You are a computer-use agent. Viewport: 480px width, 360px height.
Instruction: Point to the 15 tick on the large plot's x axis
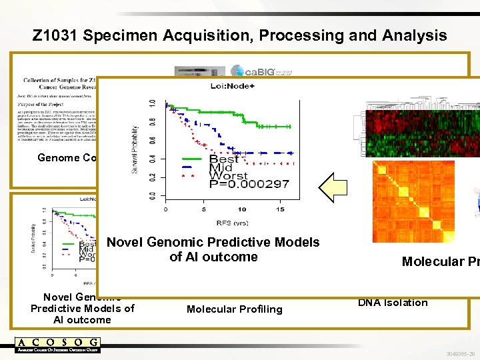(x=279, y=209)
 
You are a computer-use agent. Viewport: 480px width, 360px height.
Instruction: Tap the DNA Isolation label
(x=393, y=303)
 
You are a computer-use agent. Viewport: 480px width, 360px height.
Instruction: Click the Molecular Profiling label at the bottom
(x=234, y=309)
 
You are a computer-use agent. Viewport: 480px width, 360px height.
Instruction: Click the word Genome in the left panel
(x=57, y=158)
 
